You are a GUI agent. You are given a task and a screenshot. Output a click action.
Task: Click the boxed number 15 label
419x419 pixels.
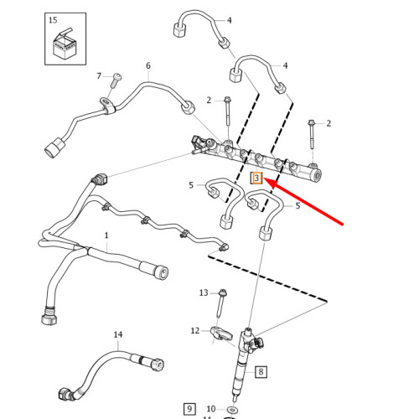pyautogui.click(x=54, y=18)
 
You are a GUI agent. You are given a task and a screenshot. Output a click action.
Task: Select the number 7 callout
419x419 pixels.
pyautogui.click(x=99, y=76)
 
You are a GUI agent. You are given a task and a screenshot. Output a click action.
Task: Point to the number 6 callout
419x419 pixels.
pyautogui.click(x=148, y=65)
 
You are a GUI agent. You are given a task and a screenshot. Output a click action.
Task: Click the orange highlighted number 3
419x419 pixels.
pyautogui.click(x=257, y=178)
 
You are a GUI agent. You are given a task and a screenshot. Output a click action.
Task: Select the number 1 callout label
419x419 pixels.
pyautogui.click(x=106, y=236)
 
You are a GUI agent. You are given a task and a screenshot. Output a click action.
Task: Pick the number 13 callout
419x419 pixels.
pyautogui.click(x=203, y=292)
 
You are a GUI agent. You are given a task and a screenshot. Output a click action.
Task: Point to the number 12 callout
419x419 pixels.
pyautogui.click(x=195, y=330)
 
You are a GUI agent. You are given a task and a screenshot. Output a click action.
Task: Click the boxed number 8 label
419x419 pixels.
pyautogui.click(x=261, y=371)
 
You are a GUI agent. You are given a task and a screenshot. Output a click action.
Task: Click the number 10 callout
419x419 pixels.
pyautogui.click(x=211, y=409)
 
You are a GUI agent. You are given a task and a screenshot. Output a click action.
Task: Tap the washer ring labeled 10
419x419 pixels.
pyautogui.click(x=232, y=409)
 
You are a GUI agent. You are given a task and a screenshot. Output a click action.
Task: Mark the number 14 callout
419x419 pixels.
pyautogui.click(x=118, y=334)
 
